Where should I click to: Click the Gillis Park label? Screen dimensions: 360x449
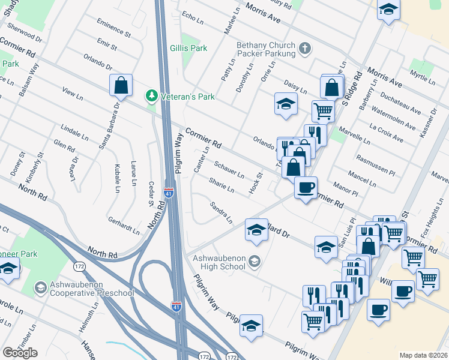(184, 47)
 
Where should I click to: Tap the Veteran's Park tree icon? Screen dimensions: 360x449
(151, 96)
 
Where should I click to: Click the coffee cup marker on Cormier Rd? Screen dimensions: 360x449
(306, 188)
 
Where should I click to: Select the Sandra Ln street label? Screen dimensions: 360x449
(221, 212)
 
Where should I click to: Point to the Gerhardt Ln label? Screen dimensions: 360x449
(124, 225)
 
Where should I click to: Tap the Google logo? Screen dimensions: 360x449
(20, 353)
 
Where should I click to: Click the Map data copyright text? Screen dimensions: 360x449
(423, 355)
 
